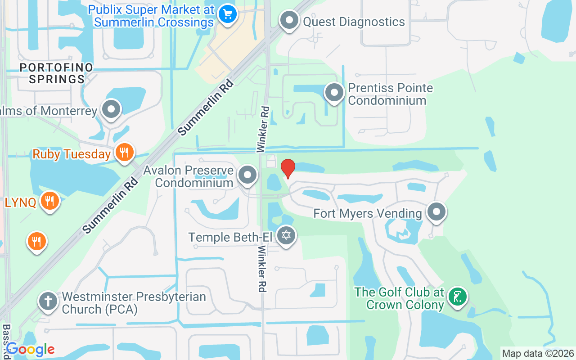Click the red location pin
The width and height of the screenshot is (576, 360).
pyautogui.click(x=288, y=168)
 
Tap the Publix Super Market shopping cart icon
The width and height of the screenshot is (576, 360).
pyautogui.click(x=227, y=14)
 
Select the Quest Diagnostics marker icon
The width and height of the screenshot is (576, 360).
pyautogui.click(x=289, y=20)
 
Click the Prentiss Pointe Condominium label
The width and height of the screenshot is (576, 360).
pyautogui.click(x=390, y=94)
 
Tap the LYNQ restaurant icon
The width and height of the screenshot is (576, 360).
pyautogui.click(x=49, y=201)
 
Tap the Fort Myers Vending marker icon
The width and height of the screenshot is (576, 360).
pyautogui.click(x=436, y=212)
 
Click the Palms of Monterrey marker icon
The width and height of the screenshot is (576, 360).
pyautogui.click(x=111, y=109)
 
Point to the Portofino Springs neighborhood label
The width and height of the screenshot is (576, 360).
pyautogui.click(x=56, y=73)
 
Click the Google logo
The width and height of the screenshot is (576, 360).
pyautogui.click(x=30, y=349)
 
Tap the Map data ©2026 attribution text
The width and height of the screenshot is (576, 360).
pyautogui.click(x=538, y=354)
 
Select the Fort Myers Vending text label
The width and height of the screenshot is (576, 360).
pyautogui.click(x=368, y=213)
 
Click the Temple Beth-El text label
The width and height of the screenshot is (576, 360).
pyautogui.click(x=230, y=237)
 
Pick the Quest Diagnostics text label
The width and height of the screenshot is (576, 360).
pyautogui.click(x=354, y=22)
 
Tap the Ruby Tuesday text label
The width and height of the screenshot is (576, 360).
pyautogui.click(x=72, y=154)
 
